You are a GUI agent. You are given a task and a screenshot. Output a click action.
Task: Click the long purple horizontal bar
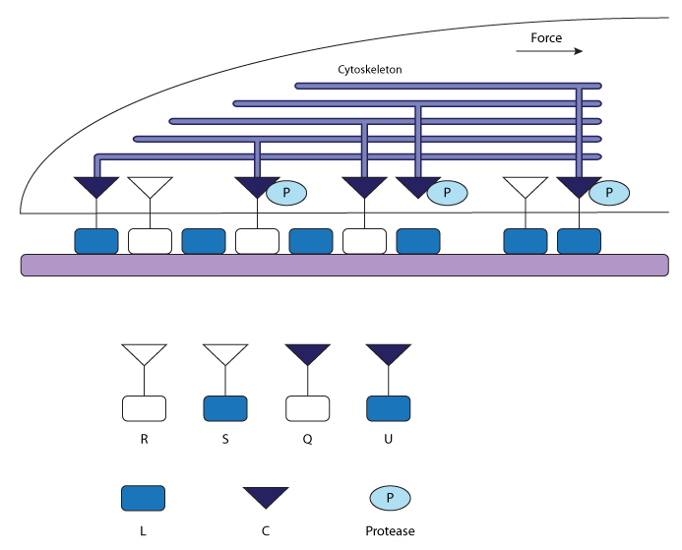tap(344, 265)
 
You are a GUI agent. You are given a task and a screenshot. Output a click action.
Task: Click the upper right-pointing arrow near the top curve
tap(549, 51)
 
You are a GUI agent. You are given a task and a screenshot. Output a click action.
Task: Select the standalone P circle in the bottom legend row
tap(390, 498)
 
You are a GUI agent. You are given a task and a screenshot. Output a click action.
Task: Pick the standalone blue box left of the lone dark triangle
tap(143, 498)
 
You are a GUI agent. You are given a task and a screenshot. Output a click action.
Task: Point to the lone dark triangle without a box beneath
tap(266, 497)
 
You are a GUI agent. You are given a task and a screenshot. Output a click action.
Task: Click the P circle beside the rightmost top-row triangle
tap(609, 193)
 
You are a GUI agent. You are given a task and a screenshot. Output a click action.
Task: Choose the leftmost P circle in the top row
tap(286, 193)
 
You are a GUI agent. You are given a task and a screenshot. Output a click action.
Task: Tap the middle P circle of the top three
tap(447, 193)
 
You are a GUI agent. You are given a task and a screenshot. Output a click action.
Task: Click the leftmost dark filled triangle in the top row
tap(96, 186)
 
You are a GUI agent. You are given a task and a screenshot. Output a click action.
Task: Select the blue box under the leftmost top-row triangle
tap(96, 241)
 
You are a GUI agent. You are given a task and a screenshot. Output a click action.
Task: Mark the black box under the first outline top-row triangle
tap(150, 241)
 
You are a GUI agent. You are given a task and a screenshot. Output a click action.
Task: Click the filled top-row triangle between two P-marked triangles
tap(364, 186)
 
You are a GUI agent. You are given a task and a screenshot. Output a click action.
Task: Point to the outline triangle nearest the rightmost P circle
tap(526, 186)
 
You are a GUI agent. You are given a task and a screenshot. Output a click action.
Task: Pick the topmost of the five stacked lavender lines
tap(448, 86)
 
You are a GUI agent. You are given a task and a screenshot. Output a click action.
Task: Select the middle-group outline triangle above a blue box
tap(225, 353)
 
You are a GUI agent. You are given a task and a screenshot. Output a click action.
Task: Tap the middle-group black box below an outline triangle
tap(145, 408)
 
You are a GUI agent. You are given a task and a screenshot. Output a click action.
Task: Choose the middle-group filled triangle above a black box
tap(308, 353)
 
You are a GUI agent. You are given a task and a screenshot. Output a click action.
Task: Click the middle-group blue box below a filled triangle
tap(389, 408)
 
